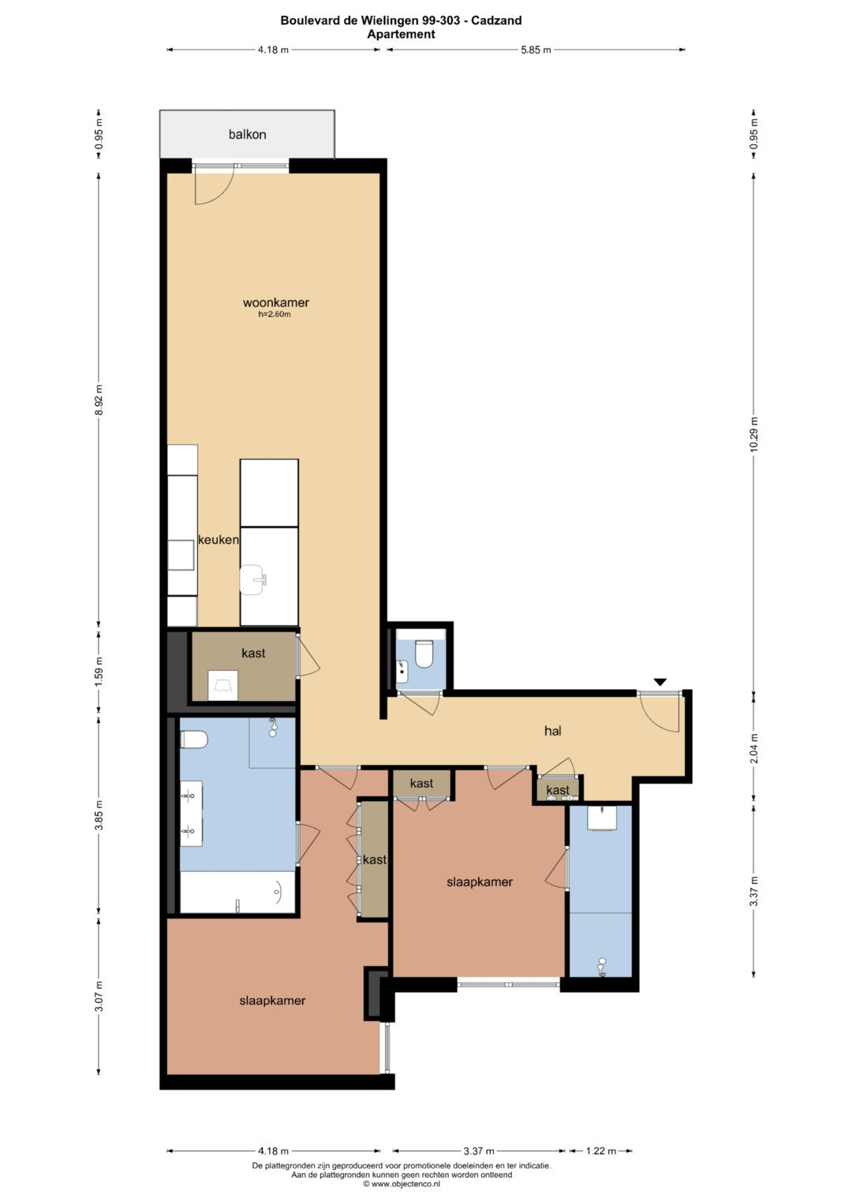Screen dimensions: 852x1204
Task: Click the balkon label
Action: pos(248,134)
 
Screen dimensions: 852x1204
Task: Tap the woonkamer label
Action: pos(276,303)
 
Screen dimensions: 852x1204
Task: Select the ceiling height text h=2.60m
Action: pos(275,315)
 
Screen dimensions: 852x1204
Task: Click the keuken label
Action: pos(219,539)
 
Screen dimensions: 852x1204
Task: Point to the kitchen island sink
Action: pos(252,580)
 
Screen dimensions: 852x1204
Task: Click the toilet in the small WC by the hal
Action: pos(424,653)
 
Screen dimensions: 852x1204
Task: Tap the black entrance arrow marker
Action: pos(660,682)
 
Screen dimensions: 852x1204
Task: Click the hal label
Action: pos(553,730)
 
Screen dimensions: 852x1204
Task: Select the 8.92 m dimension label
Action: pos(99,400)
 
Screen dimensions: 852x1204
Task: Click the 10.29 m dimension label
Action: pos(753,434)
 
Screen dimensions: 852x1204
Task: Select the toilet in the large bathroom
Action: pos(193,740)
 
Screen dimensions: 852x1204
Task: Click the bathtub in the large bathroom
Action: pos(237,892)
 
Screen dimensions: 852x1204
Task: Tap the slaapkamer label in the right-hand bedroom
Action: pos(480,882)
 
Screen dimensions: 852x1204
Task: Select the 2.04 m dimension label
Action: pos(753,748)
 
